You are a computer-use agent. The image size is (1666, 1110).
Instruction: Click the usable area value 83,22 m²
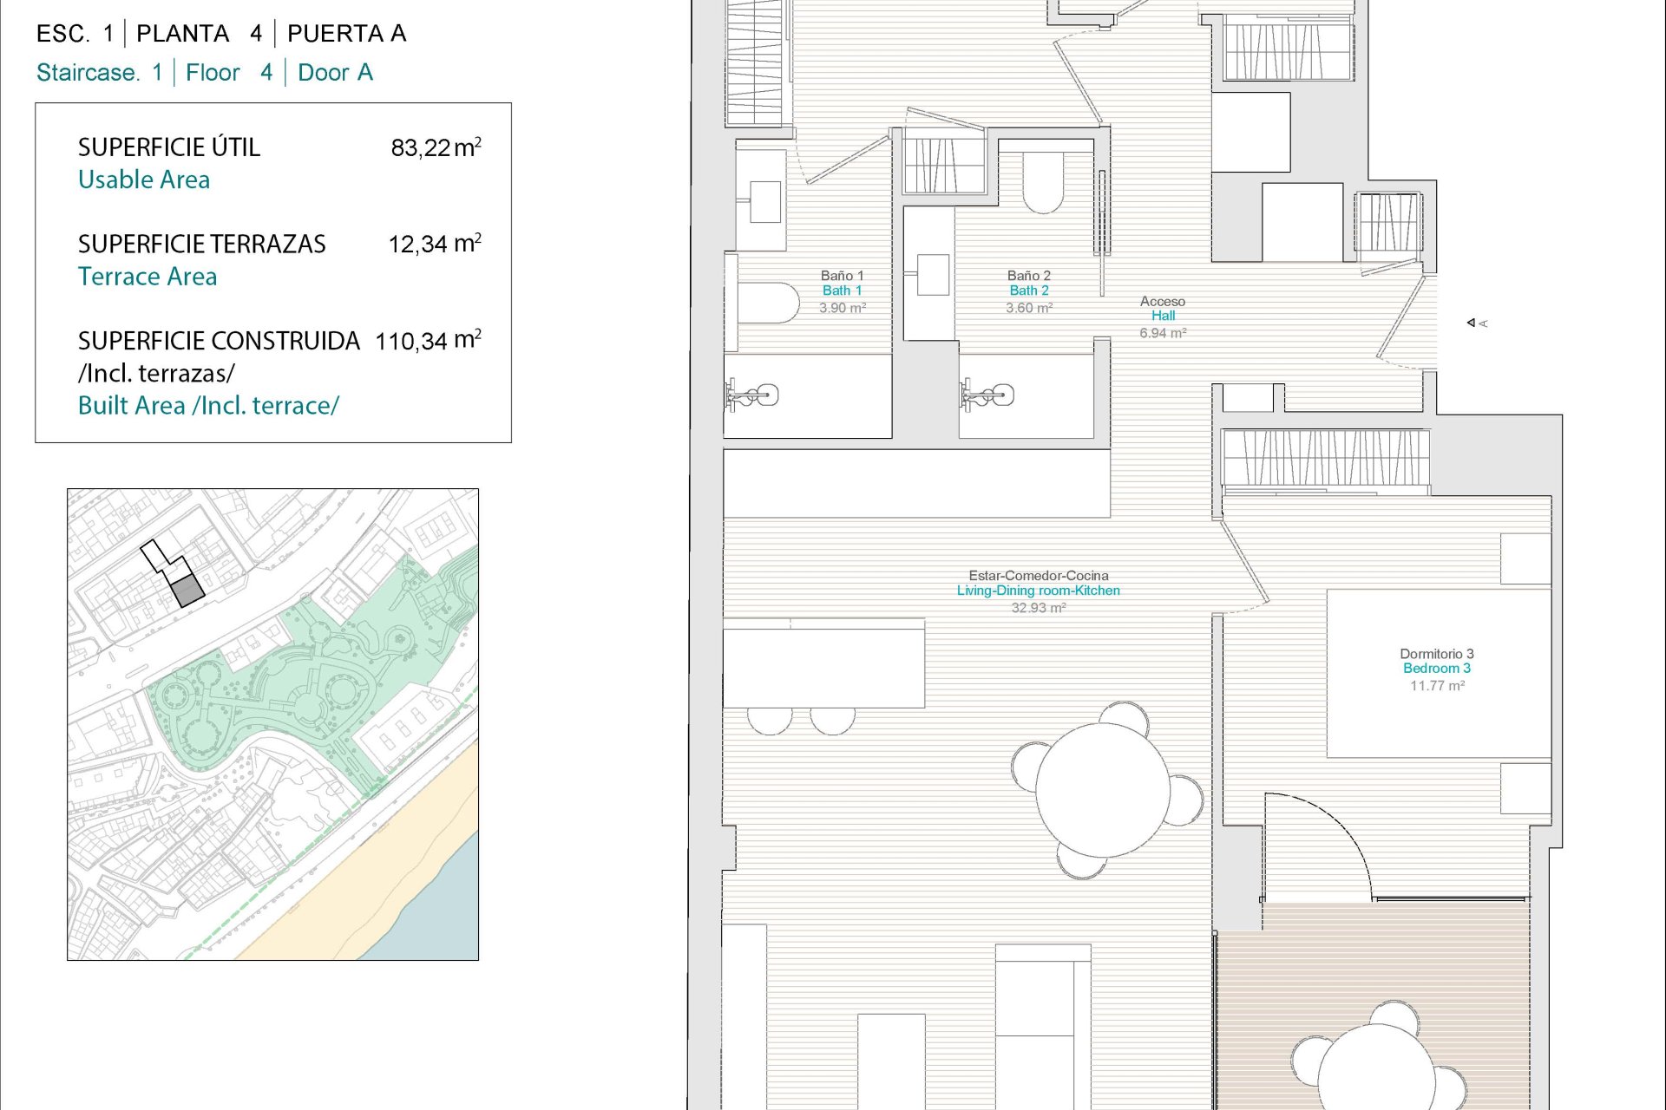[436, 147]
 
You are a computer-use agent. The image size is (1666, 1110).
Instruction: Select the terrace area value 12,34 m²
[435, 244]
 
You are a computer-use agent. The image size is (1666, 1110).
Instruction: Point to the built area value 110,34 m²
[428, 340]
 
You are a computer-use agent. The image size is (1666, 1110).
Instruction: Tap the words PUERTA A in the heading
[346, 34]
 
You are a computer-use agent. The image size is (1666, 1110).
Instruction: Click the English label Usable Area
[144, 180]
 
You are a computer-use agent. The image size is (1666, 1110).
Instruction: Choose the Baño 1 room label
[842, 276]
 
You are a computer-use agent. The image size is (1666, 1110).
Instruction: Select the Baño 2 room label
[1029, 276]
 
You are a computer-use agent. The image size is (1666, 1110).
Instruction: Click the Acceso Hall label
[1163, 309]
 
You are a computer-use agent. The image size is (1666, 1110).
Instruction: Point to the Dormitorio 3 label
[1437, 654]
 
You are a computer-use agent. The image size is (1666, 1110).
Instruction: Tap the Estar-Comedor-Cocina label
[1039, 576]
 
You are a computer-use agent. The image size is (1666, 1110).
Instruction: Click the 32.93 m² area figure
[1039, 608]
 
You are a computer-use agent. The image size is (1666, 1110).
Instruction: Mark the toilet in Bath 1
[769, 303]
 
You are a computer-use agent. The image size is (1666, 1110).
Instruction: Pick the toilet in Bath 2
[1043, 183]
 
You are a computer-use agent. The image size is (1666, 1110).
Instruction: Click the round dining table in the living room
[1103, 790]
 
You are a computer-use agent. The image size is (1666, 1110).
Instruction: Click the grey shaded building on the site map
[187, 591]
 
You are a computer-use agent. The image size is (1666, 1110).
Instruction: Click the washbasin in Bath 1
[764, 202]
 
